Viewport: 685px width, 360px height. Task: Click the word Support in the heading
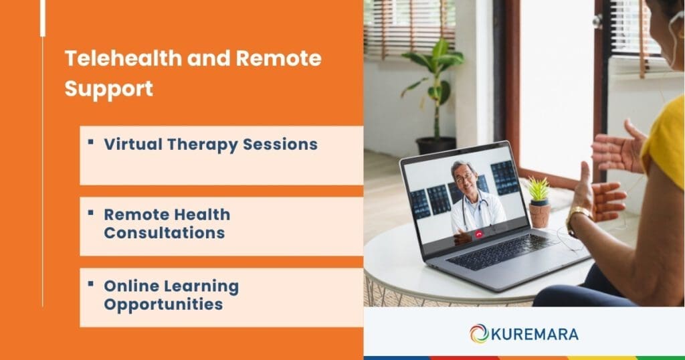click(x=108, y=88)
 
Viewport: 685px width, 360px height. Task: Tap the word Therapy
click(x=201, y=145)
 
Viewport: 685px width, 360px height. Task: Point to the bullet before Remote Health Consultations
click(x=90, y=212)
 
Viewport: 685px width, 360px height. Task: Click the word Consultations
click(x=164, y=233)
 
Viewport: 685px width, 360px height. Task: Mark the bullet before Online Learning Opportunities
click(x=90, y=284)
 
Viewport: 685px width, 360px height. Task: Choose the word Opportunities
click(x=163, y=304)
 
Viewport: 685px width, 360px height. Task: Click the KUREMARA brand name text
click(x=535, y=333)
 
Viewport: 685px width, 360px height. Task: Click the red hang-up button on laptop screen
click(x=479, y=234)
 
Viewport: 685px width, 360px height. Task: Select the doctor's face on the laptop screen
click(x=463, y=177)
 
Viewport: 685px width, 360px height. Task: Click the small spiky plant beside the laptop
click(x=539, y=190)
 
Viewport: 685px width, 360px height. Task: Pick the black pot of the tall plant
click(x=435, y=146)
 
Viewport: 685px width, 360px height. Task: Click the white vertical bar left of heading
click(x=43, y=18)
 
